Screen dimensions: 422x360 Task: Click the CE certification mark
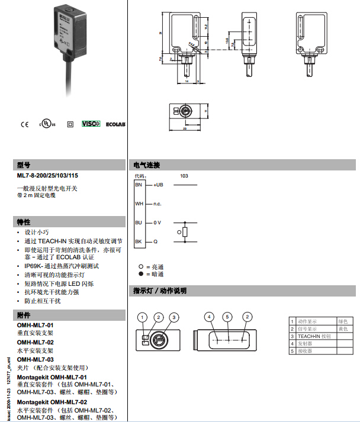click(24, 124)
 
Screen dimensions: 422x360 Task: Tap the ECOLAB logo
click(115, 124)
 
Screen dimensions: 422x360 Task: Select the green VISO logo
click(91, 124)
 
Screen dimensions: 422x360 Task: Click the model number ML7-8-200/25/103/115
click(48, 175)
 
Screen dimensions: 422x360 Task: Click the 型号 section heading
click(24, 165)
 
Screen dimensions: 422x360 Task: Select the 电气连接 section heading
click(147, 165)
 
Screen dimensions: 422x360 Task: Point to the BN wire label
click(139, 185)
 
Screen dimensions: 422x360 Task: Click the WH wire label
click(139, 204)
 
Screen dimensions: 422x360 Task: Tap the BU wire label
click(139, 223)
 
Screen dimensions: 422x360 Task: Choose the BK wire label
click(139, 241)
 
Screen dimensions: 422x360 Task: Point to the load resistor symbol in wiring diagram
click(185, 232)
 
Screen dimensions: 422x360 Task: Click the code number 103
click(184, 176)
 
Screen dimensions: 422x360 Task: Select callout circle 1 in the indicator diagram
click(143, 317)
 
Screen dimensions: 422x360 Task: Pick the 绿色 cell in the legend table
click(343, 321)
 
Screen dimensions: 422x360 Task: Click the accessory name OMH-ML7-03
click(36, 359)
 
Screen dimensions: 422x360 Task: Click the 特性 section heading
click(24, 222)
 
